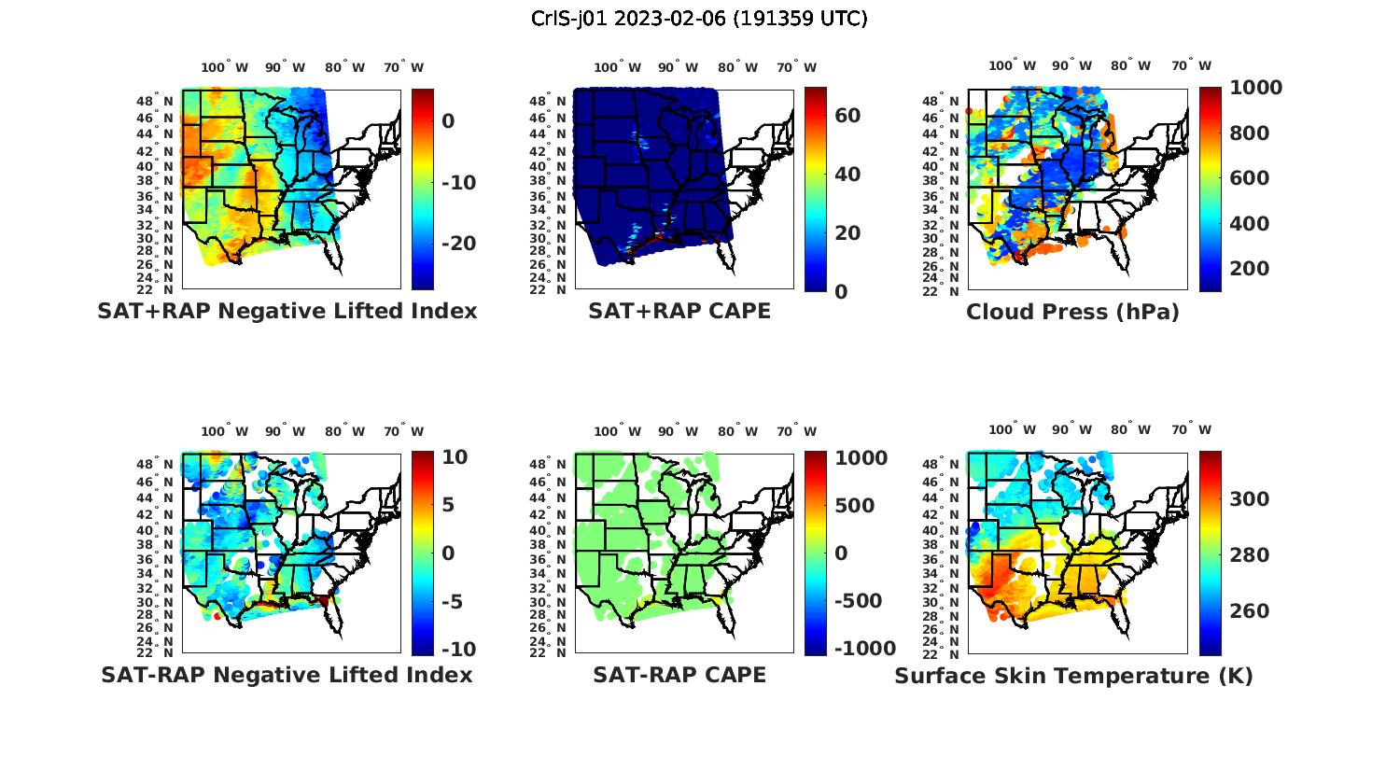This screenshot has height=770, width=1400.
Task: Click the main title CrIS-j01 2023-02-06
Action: point(699,19)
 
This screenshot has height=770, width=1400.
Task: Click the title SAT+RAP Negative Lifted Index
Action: point(287,312)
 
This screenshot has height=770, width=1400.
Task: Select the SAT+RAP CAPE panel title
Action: point(679,312)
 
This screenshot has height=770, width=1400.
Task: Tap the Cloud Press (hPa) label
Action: point(1072,312)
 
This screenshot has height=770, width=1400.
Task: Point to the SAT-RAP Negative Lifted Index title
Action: point(287,675)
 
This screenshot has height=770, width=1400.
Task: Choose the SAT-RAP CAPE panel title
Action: point(679,675)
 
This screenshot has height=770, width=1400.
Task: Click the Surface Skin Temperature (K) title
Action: point(1073,676)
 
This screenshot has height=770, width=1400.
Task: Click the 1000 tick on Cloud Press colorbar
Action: point(1255,88)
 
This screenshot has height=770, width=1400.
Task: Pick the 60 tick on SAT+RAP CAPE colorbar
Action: point(847,116)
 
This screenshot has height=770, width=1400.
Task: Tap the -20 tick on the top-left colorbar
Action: point(458,244)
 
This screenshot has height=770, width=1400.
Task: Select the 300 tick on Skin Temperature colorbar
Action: point(1250,499)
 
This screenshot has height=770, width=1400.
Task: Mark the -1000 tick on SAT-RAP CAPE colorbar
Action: point(862,649)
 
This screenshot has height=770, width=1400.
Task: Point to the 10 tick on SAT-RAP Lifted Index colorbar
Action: point(454,456)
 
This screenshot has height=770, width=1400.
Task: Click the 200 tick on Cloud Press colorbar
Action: point(1250,269)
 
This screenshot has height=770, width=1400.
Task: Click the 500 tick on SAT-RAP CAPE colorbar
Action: point(855,506)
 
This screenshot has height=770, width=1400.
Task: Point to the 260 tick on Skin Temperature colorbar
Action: point(1250,611)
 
